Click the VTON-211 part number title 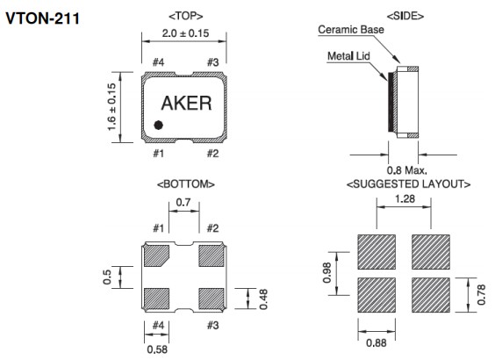[x=42, y=18]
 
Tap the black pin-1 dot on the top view [x=158, y=126]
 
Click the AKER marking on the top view [x=186, y=104]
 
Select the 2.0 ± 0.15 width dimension [x=186, y=33]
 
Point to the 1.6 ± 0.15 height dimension [x=111, y=107]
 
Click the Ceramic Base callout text [x=351, y=30]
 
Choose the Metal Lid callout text [x=348, y=56]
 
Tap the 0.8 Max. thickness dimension [x=407, y=170]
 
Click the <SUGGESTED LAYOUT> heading [x=408, y=184]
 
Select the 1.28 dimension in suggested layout [x=405, y=199]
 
